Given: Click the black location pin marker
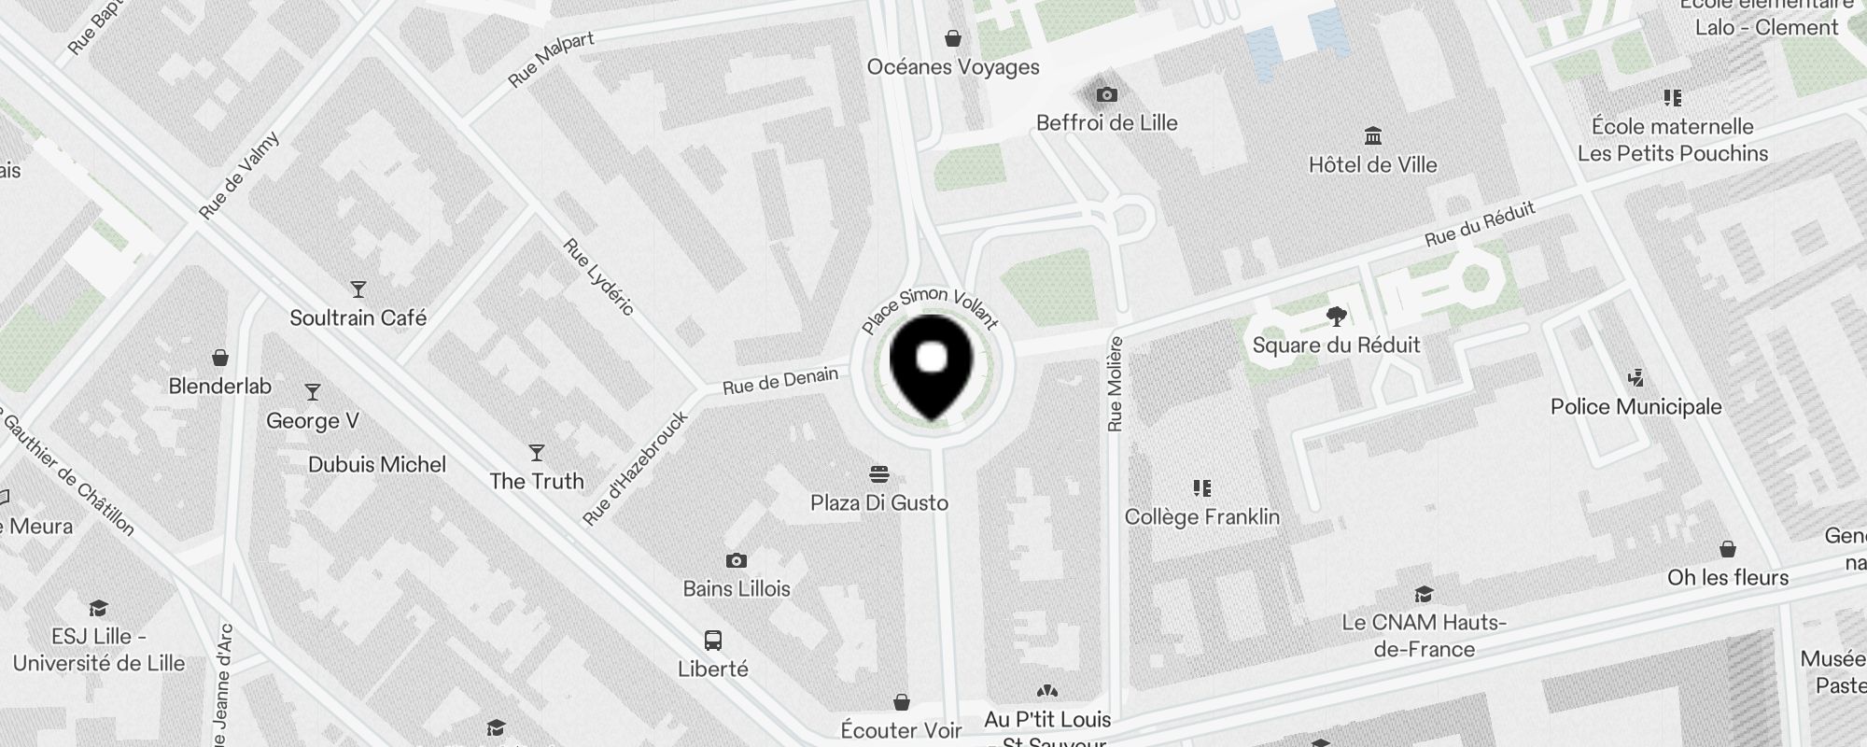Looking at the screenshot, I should pos(932,365).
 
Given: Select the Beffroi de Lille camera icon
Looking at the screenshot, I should pos(1106,94).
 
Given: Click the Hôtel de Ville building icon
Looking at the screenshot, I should pos(1372,136).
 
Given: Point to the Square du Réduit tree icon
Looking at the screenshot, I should pos(1336,317).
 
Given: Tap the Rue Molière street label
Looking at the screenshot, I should pos(1115,384).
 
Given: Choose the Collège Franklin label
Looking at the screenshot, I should pos(1201,516).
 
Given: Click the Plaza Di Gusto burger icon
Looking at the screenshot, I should pos(878,473).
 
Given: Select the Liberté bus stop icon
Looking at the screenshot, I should pos(713,641).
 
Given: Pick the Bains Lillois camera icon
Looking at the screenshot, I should pos(737,560).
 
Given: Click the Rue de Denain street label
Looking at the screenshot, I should pos(780,381).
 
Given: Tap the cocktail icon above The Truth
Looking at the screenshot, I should pos(537,453).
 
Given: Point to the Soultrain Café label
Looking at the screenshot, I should pos(358,317).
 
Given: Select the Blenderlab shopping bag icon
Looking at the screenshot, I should pos(220,358).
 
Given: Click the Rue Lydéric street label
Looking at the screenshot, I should pos(599,276).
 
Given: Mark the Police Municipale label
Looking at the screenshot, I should pos(1635,406).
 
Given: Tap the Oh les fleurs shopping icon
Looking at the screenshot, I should pos(1728,549).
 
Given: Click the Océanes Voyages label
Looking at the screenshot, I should pos(952,66).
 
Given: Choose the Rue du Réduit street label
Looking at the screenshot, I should pos(1480,225).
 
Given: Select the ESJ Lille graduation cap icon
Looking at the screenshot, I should pos(98,609).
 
